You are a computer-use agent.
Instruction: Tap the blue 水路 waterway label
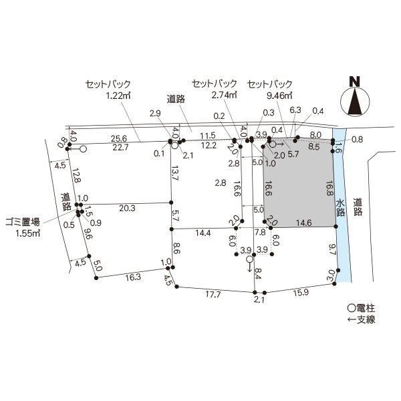(x=340, y=208)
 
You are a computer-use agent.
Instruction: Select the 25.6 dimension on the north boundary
(x=119, y=138)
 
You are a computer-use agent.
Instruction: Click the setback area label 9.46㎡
(x=279, y=96)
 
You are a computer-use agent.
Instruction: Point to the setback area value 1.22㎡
(x=118, y=96)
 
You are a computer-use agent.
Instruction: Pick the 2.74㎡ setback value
(x=224, y=95)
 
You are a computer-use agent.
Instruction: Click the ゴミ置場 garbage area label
(x=23, y=223)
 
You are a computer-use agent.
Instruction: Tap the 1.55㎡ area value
(x=28, y=233)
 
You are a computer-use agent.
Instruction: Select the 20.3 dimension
(x=127, y=208)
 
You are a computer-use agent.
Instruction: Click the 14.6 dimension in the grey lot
(x=304, y=223)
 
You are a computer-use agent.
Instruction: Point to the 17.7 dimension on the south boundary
(x=213, y=295)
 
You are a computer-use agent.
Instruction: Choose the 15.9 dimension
(x=301, y=293)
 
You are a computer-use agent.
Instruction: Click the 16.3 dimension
(x=133, y=277)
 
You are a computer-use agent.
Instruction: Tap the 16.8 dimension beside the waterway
(x=329, y=188)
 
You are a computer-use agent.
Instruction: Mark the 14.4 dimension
(x=203, y=233)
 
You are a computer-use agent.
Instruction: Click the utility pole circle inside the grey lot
(x=273, y=144)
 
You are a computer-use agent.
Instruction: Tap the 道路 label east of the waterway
(x=358, y=207)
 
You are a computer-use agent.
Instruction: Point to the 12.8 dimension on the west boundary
(x=76, y=174)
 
